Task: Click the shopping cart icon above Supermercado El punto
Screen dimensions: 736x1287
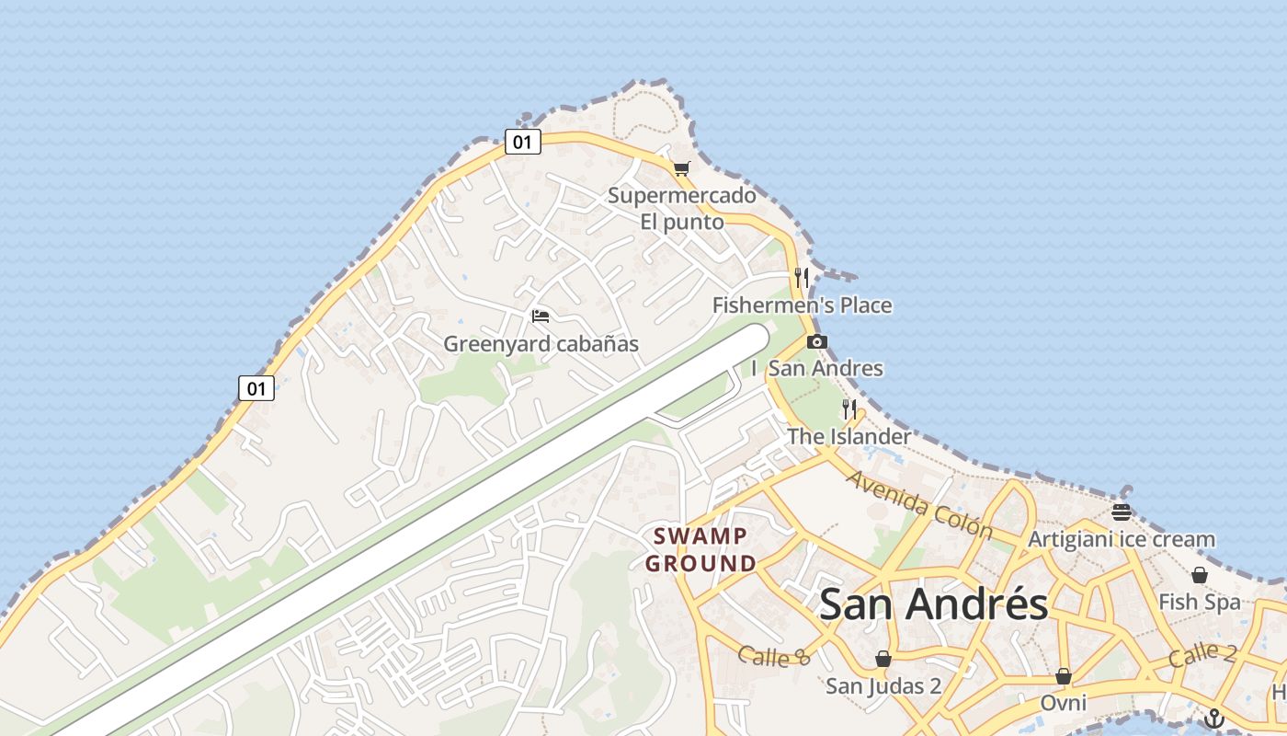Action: click(681, 168)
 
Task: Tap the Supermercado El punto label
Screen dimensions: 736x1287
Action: click(682, 209)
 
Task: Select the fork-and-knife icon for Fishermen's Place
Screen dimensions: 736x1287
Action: click(802, 277)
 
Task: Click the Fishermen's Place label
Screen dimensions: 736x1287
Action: click(802, 305)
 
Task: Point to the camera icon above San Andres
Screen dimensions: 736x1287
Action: click(816, 342)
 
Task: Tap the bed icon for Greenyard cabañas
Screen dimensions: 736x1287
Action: click(541, 316)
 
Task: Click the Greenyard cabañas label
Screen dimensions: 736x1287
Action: click(541, 344)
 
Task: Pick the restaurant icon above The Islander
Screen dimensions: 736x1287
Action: click(849, 408)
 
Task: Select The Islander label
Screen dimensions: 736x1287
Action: click(849, 436)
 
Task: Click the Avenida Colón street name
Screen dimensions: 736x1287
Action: click(918, 505)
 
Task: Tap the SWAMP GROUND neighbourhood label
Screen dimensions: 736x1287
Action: click(700, 549)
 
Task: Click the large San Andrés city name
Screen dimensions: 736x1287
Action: click(933, 604)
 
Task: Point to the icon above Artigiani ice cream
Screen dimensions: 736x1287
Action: click(1121, 512)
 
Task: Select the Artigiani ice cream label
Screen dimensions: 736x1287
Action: click(1121, 539)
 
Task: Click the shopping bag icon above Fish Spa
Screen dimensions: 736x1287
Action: click(1200, 576)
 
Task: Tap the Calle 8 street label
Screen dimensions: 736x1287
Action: click(774, 657)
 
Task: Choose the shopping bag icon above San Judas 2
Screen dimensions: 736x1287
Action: click(883, 659)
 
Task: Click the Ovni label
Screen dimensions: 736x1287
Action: click(1063, 704)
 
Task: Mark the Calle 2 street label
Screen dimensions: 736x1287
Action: click(1202, 656)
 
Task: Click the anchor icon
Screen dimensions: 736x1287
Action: click(1215, 719)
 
